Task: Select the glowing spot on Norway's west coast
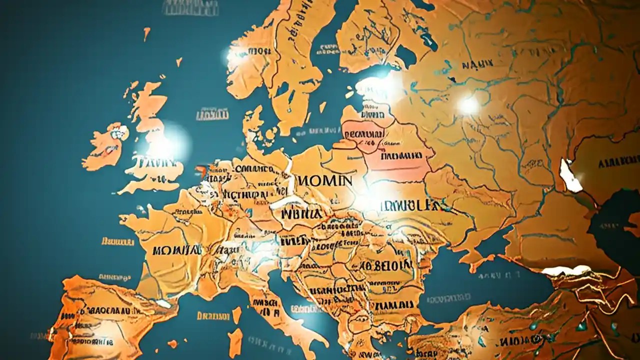coord(234,56)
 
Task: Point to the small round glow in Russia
coord(468,105)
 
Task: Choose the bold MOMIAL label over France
coord(177,249)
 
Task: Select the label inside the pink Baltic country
coord(364,134)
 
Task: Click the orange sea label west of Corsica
coord(213,316)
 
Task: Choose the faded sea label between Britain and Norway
coord(212,115)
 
